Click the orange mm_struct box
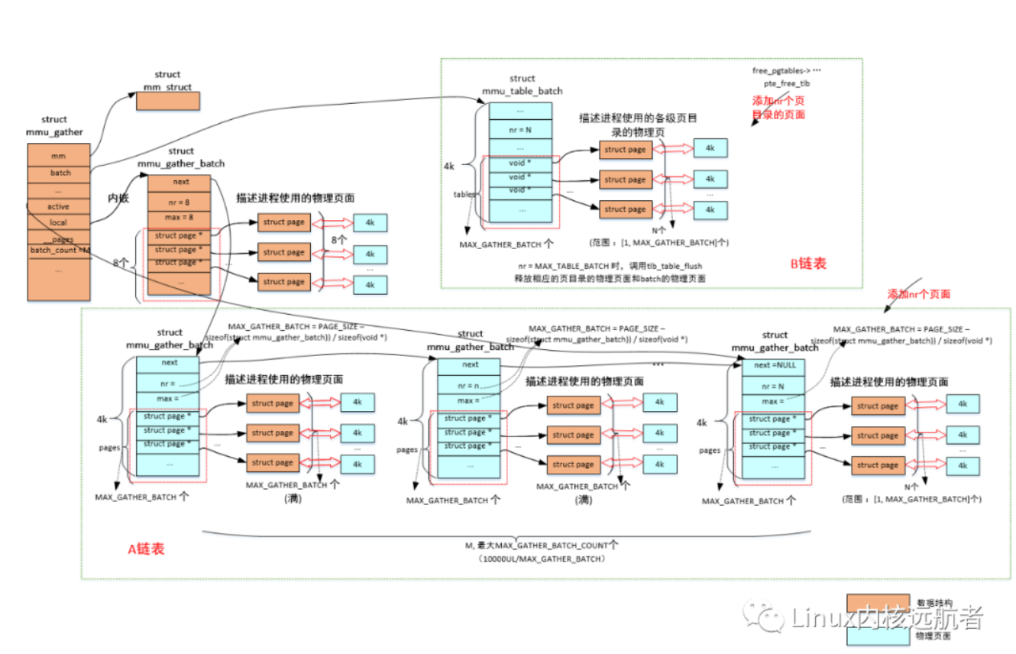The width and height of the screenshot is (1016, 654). (168, 101)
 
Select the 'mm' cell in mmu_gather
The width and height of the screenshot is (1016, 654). (59, 156)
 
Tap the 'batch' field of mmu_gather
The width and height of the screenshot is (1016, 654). (59, 173)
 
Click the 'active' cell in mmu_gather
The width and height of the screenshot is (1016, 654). (59, 206)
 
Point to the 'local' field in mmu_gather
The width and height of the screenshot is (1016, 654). (59, 222)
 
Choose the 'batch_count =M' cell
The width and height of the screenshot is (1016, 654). (60, 250)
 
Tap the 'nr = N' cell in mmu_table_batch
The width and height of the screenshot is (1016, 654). (519, 129)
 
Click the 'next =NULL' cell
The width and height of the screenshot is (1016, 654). (775, 365)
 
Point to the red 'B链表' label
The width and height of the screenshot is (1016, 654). (808, 264)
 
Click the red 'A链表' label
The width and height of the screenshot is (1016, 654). (145, 549)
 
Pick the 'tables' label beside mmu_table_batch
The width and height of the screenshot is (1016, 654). (464, 194)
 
